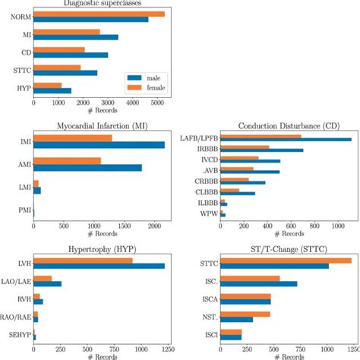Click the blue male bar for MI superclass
(x=75, y=36)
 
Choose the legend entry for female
(x=154, y=88)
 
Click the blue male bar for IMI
(x=99, y=144)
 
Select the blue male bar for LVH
(x=99, y=266)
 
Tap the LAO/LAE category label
(x=17, y=281)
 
